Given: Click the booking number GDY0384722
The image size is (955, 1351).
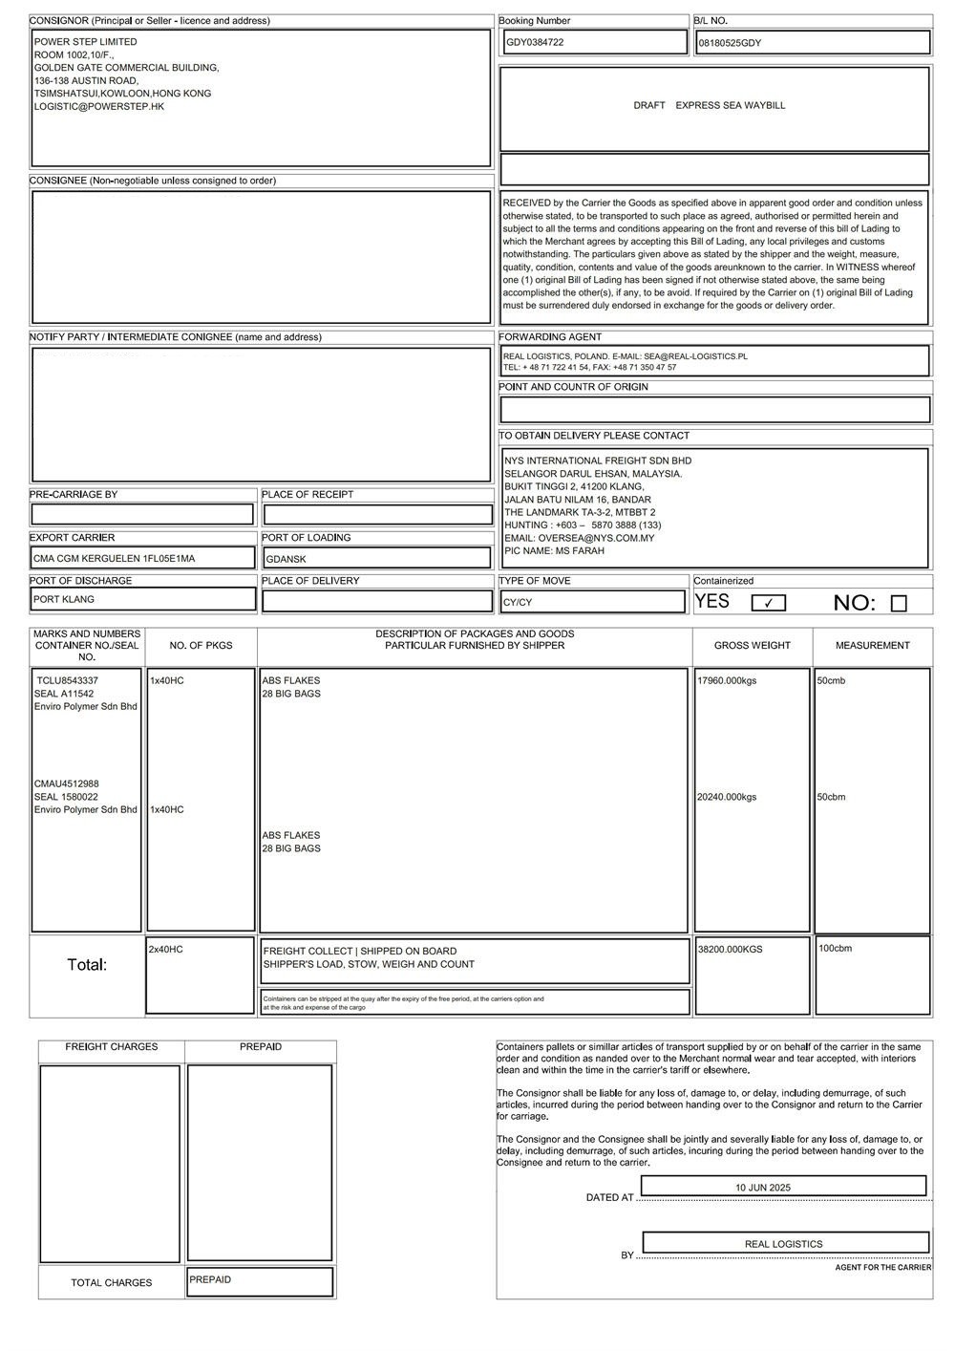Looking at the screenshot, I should click(x=535, y=43).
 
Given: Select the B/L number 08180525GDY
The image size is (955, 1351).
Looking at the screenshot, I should click(x=730, y=43).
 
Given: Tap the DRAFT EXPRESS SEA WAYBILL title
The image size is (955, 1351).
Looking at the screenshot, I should click(x=709, y=106).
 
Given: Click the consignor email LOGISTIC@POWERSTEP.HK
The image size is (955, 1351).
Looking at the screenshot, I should click(x=99, y=107).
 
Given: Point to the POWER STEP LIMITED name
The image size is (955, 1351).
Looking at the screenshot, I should click(x=85, y=42).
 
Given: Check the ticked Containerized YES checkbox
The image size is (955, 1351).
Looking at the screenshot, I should click(x=769, y=603).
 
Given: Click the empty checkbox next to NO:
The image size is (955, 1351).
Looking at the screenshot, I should click(x=898, y=603).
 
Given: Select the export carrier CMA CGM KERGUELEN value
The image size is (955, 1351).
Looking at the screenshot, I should click(x=114, y=558).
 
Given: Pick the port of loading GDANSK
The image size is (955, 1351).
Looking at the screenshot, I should click(x=286, y=559).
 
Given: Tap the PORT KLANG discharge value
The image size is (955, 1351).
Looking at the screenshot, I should click(x=63, y=600).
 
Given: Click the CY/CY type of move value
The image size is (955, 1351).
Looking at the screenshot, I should click(x=518, y=603).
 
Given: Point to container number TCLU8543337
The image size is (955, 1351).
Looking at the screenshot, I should click(x=68, y=681).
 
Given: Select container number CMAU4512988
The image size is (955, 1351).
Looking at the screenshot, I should click(x=66, y=784).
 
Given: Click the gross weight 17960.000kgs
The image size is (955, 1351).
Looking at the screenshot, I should click(x=727, y=681).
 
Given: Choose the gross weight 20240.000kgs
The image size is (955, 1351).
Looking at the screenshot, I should click(x=727, y=797).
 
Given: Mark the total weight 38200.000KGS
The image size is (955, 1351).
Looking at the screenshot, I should click(x=730, y=950).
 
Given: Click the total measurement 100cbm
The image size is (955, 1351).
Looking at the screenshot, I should click(x=835, y=948).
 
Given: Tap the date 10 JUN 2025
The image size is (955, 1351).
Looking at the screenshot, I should click(x=762, y=1188).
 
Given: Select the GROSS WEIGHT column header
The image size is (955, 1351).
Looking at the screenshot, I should click(x=752, y=646).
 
